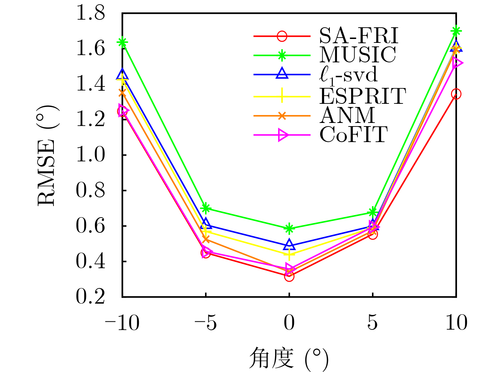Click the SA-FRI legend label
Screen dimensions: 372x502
359,35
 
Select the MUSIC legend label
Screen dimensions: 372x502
358,55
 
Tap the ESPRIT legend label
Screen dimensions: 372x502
362,95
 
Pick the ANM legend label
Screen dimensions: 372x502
347,115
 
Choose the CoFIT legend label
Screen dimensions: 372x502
354,135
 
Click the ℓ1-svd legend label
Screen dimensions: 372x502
349,75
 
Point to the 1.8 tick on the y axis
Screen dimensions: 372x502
91,13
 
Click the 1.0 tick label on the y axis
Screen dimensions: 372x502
91,155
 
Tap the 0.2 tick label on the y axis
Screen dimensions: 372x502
91,297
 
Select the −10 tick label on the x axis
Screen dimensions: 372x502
122,323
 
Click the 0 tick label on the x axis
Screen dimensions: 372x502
289,323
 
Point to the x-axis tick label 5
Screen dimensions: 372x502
372,323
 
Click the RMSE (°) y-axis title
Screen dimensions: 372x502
47,155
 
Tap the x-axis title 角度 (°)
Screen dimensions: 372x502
289,359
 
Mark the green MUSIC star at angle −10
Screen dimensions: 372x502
123,43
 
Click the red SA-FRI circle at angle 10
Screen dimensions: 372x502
456,94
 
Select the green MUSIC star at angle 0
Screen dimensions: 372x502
289,229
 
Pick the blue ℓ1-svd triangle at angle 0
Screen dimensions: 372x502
289,244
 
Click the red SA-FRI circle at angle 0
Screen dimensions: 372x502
289,276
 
